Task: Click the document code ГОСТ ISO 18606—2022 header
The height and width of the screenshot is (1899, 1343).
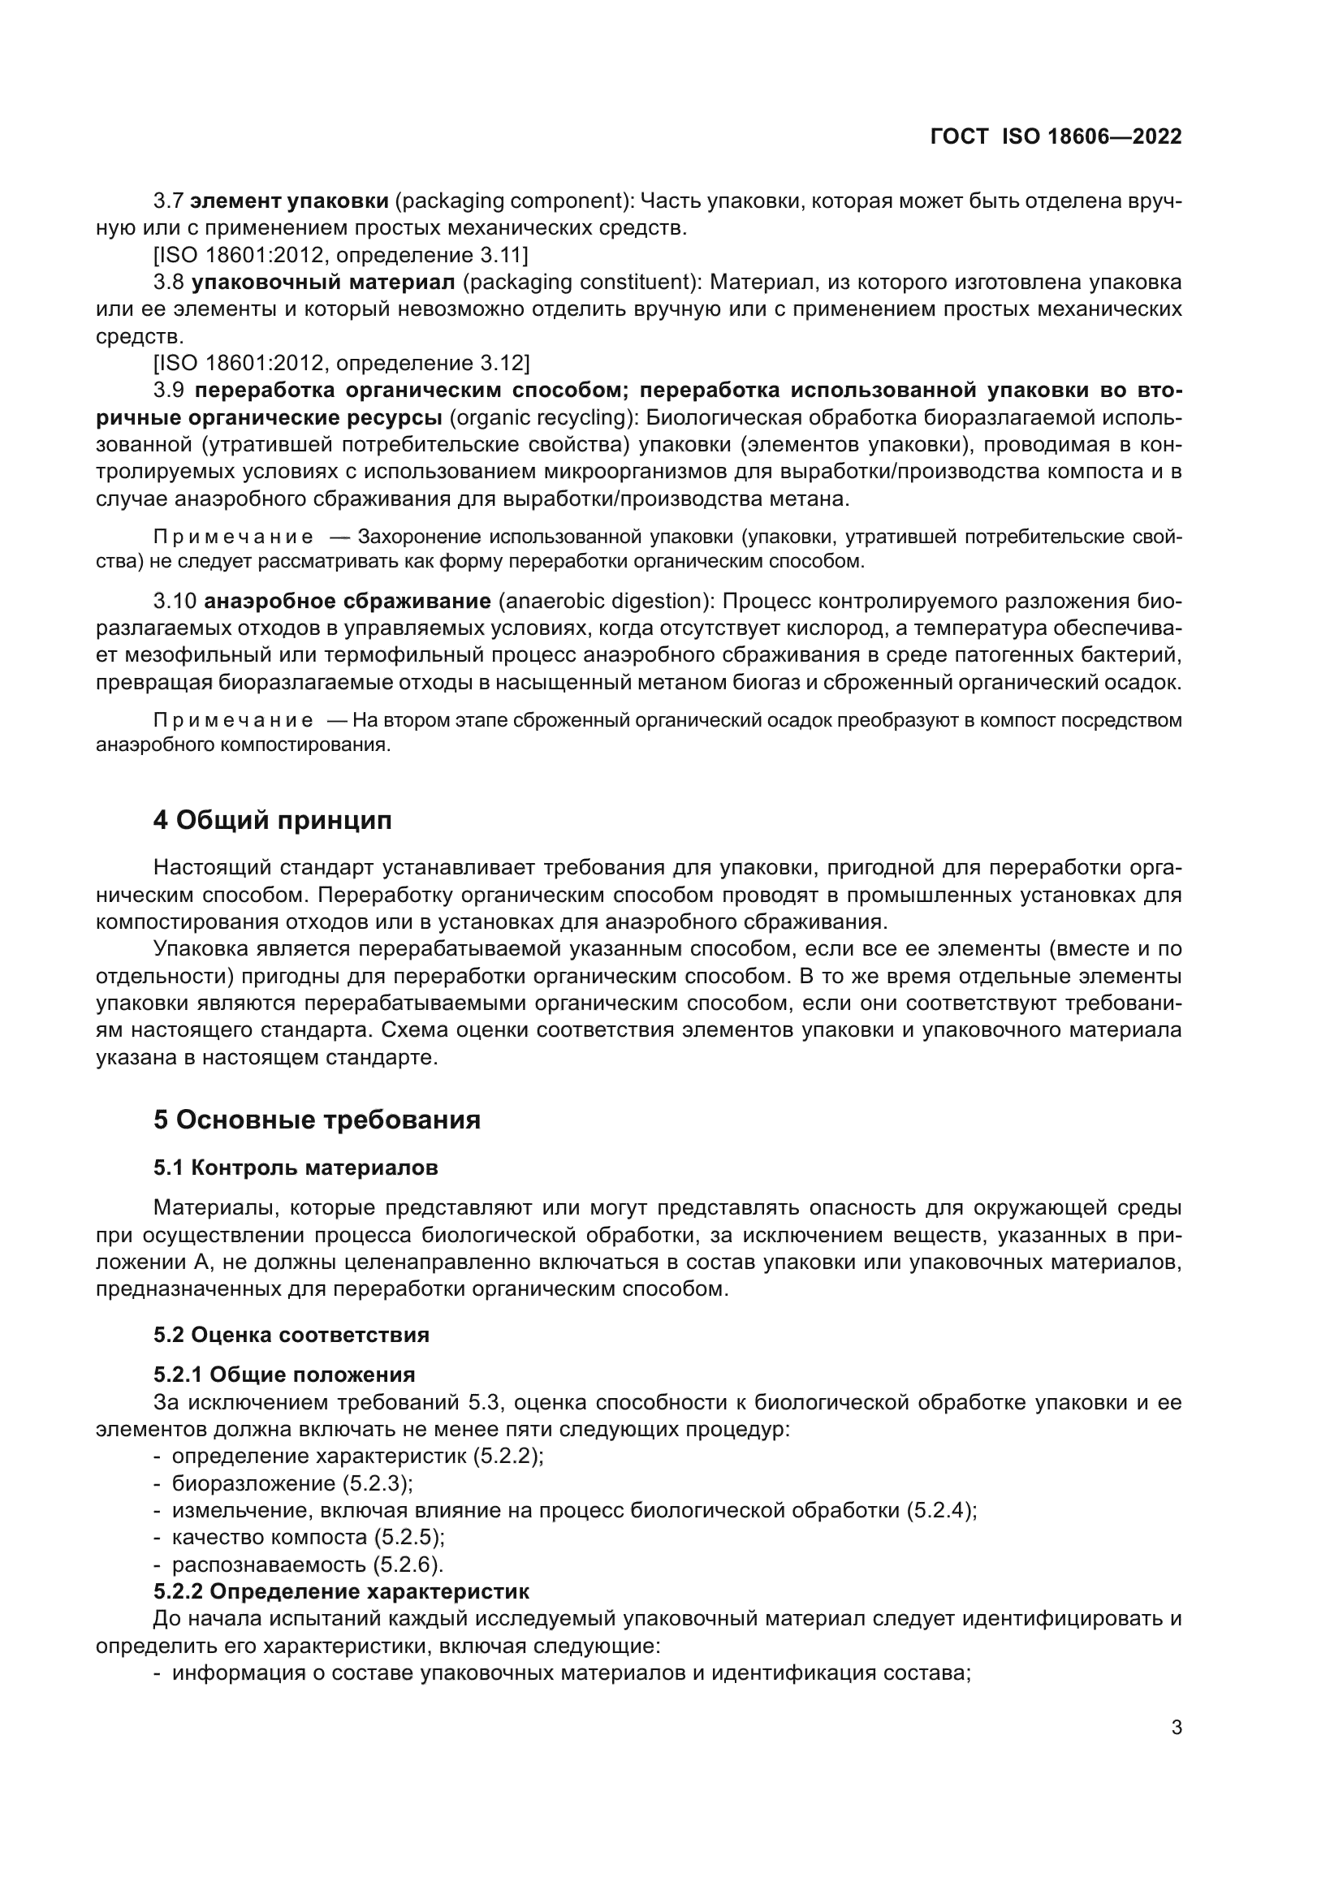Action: click(x=1056, y=136)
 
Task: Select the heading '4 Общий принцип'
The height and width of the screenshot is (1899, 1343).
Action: click(x=272, y=821)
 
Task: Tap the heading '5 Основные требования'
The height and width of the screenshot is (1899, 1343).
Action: click(x=317, y=1120)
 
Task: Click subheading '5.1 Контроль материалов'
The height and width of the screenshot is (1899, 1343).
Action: click(x=296, y=1167)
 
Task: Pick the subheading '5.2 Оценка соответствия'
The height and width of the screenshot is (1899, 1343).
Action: click(x=291, y=1335)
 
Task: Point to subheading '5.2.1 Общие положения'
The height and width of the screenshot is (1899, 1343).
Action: click(x=283, y=1375)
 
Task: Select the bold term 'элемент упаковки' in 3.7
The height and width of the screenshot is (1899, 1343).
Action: click(x=289, y=201)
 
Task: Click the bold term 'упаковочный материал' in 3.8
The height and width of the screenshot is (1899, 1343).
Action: click(x=323, y=282)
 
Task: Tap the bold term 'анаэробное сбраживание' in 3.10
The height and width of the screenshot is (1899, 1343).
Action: click(x=348, y=601)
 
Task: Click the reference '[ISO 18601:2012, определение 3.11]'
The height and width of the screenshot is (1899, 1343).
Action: click(x=340, y=255)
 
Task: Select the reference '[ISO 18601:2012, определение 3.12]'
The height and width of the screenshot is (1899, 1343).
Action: click(x=341, y=363)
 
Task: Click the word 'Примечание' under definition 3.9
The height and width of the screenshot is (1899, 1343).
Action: click(x=233, y=537)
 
